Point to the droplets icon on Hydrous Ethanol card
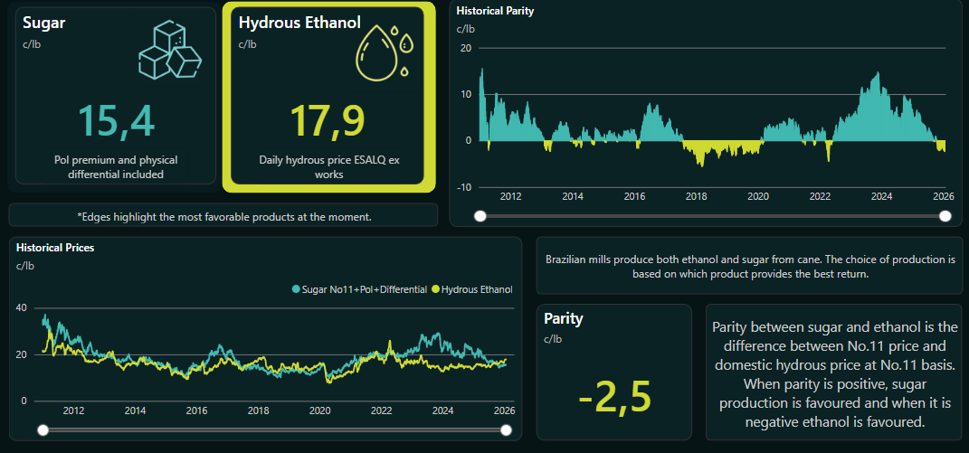(385, 51)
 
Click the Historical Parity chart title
(495, 12)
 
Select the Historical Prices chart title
(55, 247)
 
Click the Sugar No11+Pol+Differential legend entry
(359, 289)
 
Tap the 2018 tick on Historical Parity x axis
(696, 196)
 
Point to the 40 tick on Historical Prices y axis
(22, 307)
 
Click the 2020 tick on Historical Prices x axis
(319, 411)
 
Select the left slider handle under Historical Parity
(480, 215)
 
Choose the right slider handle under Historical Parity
(945, 215)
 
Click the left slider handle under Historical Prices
(41, 430)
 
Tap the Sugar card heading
(43, 23)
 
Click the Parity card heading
(563, 318)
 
